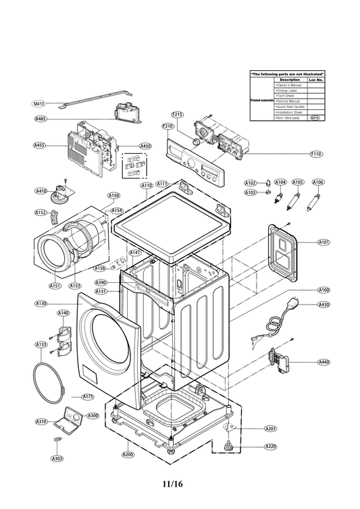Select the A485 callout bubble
click(41, 119)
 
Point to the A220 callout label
click(270, 447)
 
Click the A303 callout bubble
click(57, 458)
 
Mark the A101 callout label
click(324, 242)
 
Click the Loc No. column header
click(315, 80)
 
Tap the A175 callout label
click(88, 397)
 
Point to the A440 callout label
click(324, 363)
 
